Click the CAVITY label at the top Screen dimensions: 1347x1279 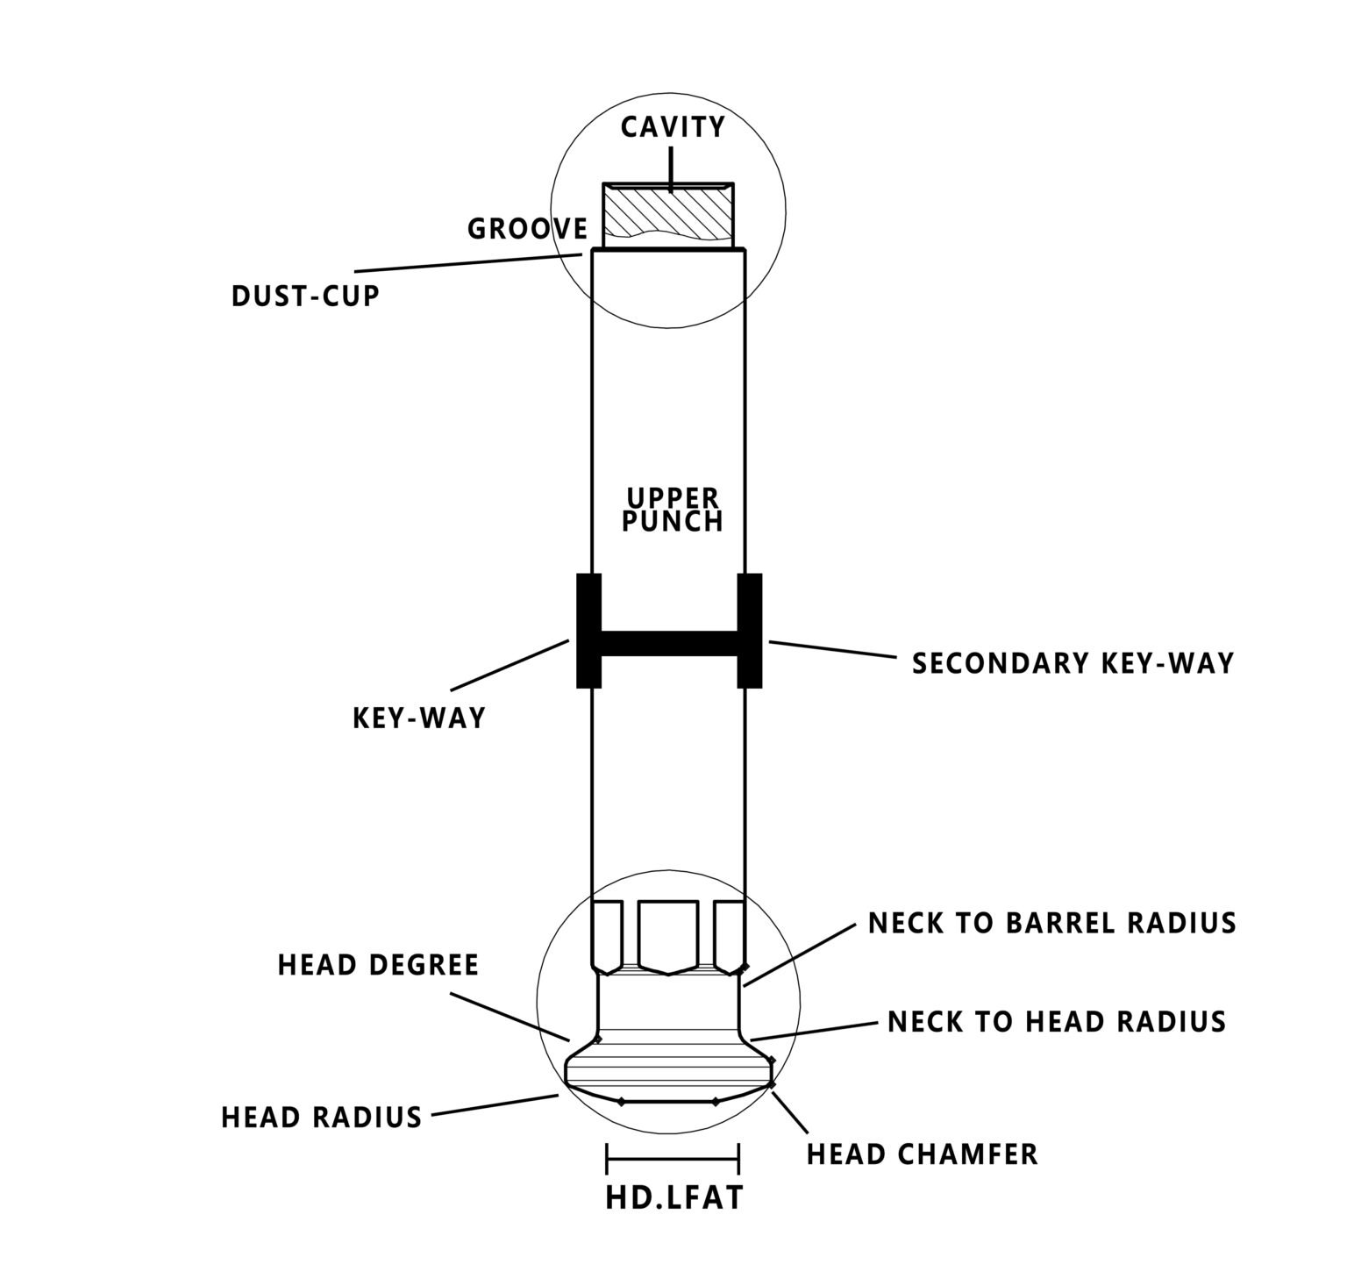(x=673, y=127)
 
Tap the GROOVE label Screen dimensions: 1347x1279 (x=527, y=229)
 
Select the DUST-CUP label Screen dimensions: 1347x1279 (x=305, y=296)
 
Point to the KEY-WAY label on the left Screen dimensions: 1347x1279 (x=418, y=718)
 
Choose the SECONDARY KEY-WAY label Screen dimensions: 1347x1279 (x=1073, y=663)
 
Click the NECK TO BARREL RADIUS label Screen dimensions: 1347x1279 (x=1051, y=923)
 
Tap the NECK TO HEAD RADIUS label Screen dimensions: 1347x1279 (x=1057, y=1021)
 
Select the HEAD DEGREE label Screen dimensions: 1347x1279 (x=378, y=965)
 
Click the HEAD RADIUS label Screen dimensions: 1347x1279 (x=321, y=1118)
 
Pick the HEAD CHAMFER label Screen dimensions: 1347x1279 (x=923, y=1154)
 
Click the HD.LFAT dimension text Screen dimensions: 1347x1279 (x=673, y=1198)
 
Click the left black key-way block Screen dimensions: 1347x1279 (x=588, y=630)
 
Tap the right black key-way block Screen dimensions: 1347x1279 (x=750, y=630)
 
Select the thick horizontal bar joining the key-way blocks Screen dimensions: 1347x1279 (x=669, y=643)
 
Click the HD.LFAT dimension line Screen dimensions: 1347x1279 (x=673, y=1158)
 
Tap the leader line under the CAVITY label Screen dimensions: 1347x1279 (x=670, y=170)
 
